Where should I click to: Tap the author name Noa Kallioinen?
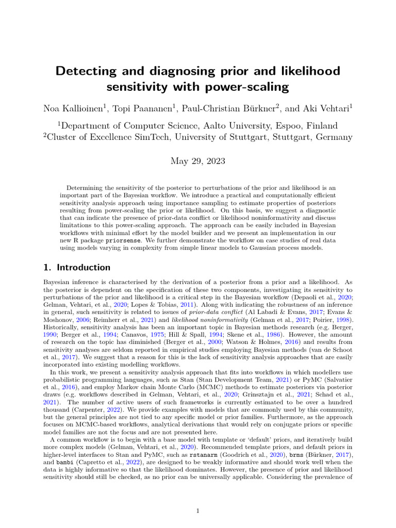[x=75, y=108]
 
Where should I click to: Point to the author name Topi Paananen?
[x=144, y=108]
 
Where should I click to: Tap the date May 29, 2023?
[x=197, y=161]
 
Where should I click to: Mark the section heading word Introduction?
[x=84, y=268]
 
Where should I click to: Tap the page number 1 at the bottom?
[x=198, y=510]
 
